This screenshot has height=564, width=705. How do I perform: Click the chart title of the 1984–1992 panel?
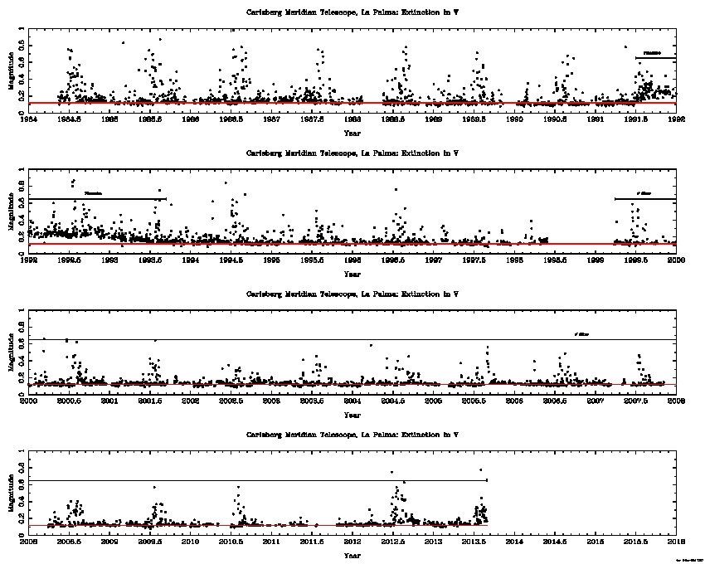pyautogui.click(x=352, y=13)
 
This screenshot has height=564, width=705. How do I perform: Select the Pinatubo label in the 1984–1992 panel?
pyautogui.click(x=653, y=53)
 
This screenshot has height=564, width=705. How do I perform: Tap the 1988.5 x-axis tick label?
pyautogui.click(x=392, y=119)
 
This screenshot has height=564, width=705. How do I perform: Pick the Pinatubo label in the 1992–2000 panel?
pyautogui.click(x=93, y=194)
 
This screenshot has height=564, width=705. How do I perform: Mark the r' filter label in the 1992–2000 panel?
pyautogui.click(x=644, y=194)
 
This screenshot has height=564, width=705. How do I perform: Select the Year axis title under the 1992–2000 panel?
pyautogui.click(x=352, y=274)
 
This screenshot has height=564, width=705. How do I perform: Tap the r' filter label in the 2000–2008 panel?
pyautogui.click(x=582, y=334)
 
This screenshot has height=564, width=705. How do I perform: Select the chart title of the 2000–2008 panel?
pyautogui.click(x=352, y=294)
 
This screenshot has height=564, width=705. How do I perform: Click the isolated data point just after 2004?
pyautogui.click(x=371, y=345)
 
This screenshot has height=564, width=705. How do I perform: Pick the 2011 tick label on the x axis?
pyautogui.click(x=271, y=542)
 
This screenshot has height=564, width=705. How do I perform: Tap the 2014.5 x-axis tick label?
pyautogui.click(x=555, y=542)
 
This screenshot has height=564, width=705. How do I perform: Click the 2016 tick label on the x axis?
pyautogui.click(x=676, y=542)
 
